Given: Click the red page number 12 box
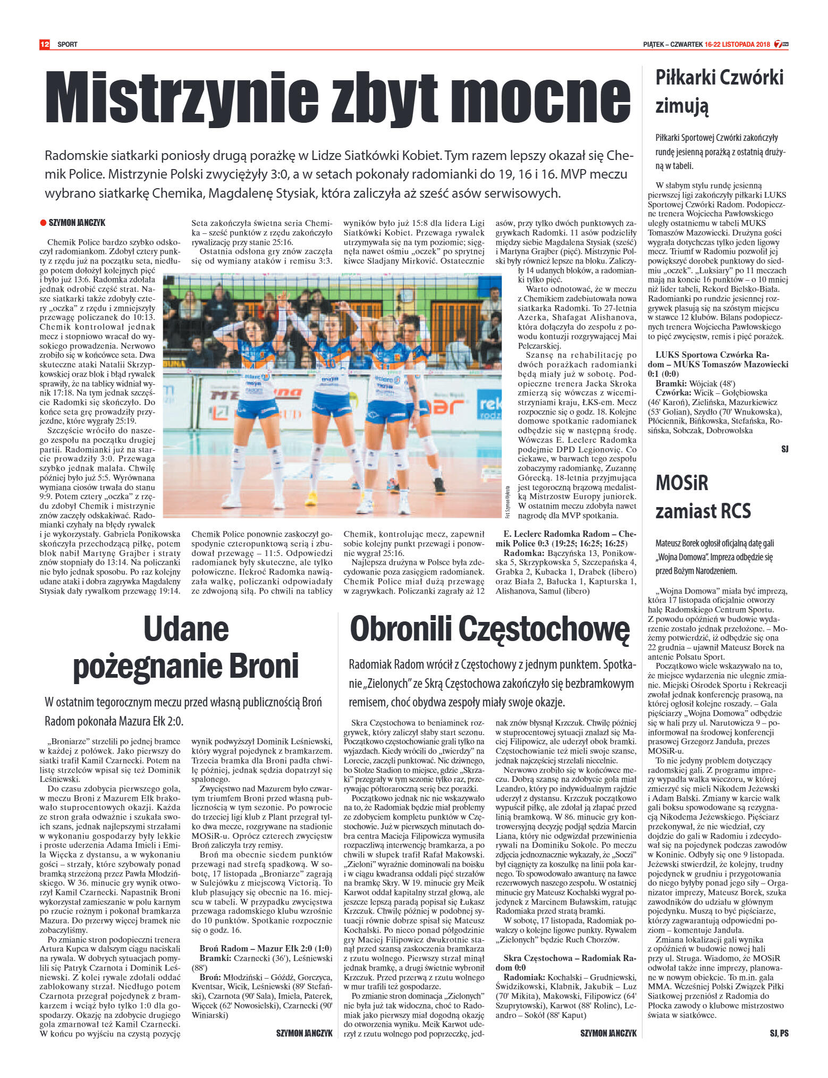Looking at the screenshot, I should coord(45,44).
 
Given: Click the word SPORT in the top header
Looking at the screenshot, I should coord(67,45).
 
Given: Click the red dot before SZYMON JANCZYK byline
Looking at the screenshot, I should coord(44,223).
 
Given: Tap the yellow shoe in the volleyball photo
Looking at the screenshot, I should coord(311,498).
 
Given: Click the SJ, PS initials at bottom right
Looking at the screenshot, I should coord(779,1033).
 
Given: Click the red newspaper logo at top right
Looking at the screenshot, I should coord(781,44).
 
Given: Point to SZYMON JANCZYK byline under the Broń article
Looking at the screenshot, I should coord(304,1033).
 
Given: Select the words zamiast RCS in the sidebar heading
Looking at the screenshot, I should coord(703,511).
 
